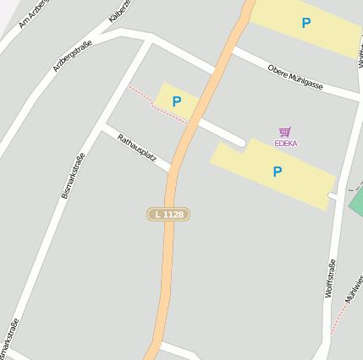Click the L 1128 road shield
click(168, 215)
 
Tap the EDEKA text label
click(285, 144)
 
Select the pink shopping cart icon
click(285, 132)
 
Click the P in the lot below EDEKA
click(277, 172)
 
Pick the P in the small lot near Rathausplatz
click(177, 101)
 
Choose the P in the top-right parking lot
click(305, 24)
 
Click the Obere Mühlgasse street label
click(294, 77)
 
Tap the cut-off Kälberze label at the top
click(118, 10)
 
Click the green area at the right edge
click(356, 201)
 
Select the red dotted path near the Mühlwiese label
click(339, 318)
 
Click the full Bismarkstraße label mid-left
click(74, 175)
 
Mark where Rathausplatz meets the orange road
click(173, 168)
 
